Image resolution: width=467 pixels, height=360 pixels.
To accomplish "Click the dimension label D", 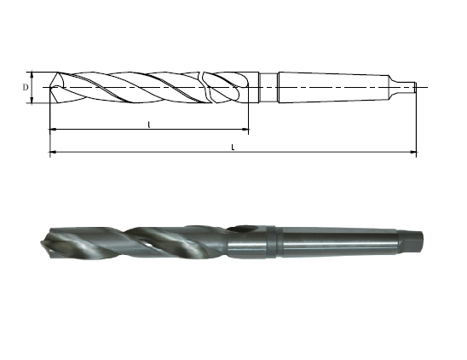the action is (26, 87).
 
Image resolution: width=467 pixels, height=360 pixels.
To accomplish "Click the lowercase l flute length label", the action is (149, 125).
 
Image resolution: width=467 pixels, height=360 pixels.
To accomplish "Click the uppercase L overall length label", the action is (233, 147).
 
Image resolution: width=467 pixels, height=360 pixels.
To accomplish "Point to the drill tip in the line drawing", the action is (49, 87).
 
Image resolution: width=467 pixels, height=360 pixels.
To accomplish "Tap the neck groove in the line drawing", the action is (269, 87).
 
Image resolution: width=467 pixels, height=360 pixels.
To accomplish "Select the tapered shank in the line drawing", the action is (333, 87).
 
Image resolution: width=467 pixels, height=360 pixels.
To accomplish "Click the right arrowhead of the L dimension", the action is (413, 152).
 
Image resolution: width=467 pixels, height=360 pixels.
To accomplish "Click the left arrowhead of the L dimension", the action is (53, 152).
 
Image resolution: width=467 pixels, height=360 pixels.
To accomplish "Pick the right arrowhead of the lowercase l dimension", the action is (245, 130).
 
